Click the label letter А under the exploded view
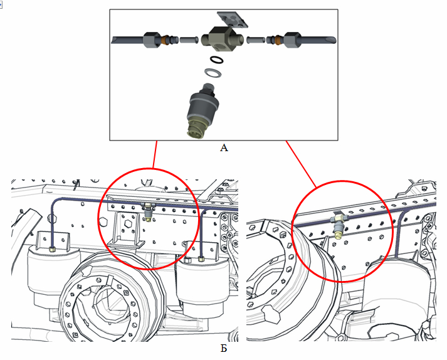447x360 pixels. [224, 148]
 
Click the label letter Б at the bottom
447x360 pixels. [224, 348]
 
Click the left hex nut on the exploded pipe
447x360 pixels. [152, 40]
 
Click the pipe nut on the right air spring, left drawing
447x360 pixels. [201, 258]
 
